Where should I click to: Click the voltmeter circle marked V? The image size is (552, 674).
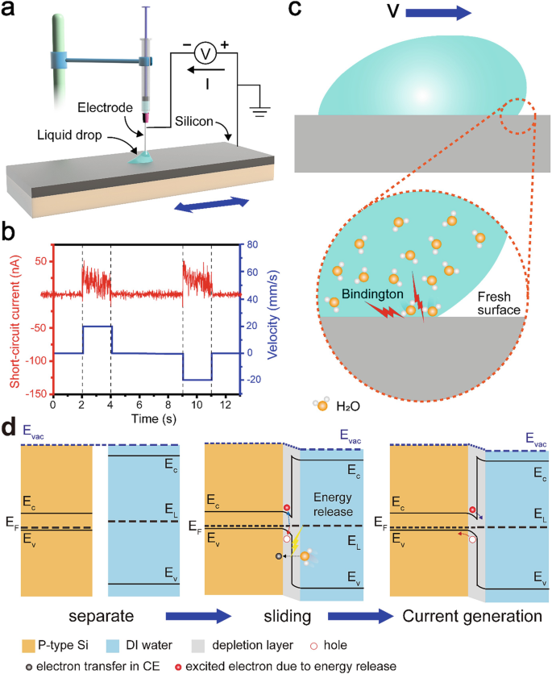(204, 53)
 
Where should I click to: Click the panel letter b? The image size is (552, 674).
(13, 234)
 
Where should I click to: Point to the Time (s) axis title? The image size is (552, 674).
(146, 419)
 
